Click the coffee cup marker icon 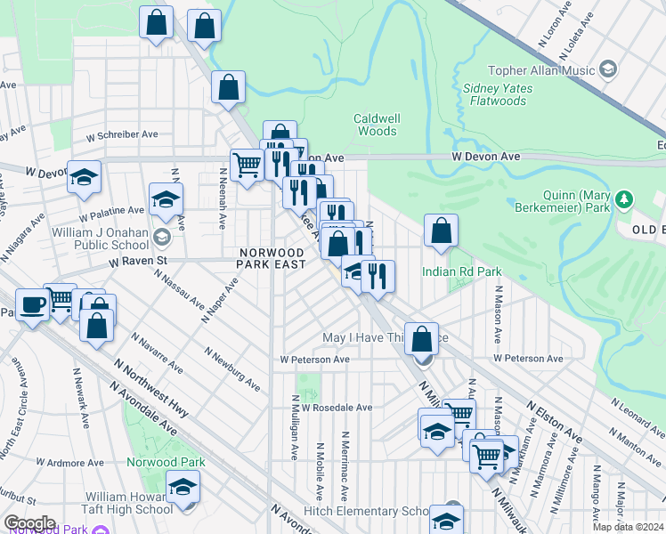(x=34, y=305)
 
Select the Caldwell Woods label (x=376, y=125)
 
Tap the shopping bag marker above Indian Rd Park (x=441, y=231)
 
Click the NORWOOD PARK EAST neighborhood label (x=272, y=259)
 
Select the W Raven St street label (x=138, y=262)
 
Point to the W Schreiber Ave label (x=122, y=134)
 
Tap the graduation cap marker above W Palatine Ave (x=166, y=202)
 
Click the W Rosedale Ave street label (x=337, y=408)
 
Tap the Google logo (x=29, y=523)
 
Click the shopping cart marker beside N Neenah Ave (x=247, y=165)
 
